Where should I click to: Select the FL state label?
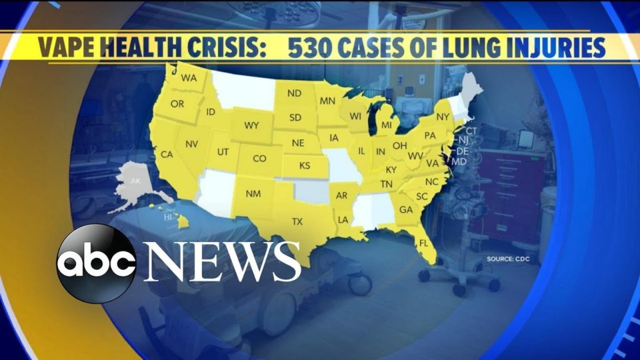(x=424, y=242)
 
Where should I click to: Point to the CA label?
(x=166, y=154)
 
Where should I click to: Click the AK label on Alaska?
(x=136, y=181)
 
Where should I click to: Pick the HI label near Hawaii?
(x=167, y=217)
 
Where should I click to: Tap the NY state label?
(x=442, y=117)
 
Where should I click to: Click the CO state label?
(x=259, y=159)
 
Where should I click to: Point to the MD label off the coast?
(x=459, y=162)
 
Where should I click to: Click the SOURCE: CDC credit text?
(x=505, y=258)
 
